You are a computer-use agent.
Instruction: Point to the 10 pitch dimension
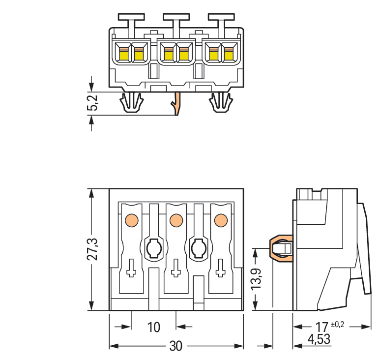click(153, 327)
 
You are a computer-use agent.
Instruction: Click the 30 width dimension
click(175, 346)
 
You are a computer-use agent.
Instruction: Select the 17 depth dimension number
click(321, 327)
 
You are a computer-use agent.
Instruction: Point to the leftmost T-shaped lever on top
click(131, 20)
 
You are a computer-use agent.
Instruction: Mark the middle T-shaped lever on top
click(175, 20)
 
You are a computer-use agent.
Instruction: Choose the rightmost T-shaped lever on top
click(220, 20)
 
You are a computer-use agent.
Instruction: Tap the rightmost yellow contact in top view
click(229, 53)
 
